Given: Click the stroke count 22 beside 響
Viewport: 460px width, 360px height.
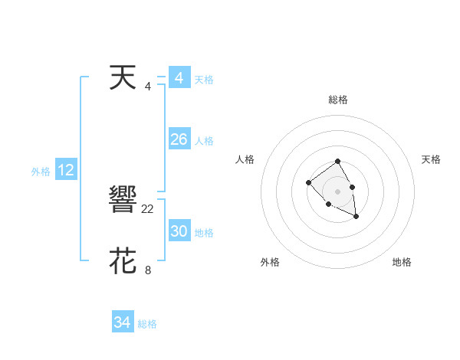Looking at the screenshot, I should tap(148, 208).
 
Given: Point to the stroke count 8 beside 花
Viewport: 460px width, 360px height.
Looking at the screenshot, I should tap(148, 270).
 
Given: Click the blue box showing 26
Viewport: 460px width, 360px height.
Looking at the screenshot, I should tap(179, 139).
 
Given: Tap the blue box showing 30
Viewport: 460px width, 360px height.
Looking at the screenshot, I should tap(179, 231).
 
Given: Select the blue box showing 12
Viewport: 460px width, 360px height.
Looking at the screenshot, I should tap(65, 170).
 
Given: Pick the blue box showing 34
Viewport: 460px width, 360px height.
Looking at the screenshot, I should tap(122, 322).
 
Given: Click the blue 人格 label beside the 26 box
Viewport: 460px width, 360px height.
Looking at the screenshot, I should tap(204, 141).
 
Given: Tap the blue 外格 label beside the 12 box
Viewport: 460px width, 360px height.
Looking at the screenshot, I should tap(41, 172).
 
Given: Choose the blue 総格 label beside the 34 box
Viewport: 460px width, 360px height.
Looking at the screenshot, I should tap(147, 324).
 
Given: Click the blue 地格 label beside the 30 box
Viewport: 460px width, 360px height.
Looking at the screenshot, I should tap(204, 233).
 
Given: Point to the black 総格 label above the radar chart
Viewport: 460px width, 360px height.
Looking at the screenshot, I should tap(338, 100).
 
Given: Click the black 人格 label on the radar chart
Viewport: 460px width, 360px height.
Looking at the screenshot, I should tap(245, 159).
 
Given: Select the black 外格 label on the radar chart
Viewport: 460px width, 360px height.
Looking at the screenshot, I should tap(270, 262).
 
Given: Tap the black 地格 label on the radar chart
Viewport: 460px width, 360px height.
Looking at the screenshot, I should tap(402, 262).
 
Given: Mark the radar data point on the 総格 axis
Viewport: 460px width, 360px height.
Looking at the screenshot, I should tap(337, 162).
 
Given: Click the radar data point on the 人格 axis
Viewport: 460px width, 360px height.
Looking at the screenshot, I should tap(308, 182).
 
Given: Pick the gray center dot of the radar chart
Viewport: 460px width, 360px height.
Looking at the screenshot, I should tap(337, 191).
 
